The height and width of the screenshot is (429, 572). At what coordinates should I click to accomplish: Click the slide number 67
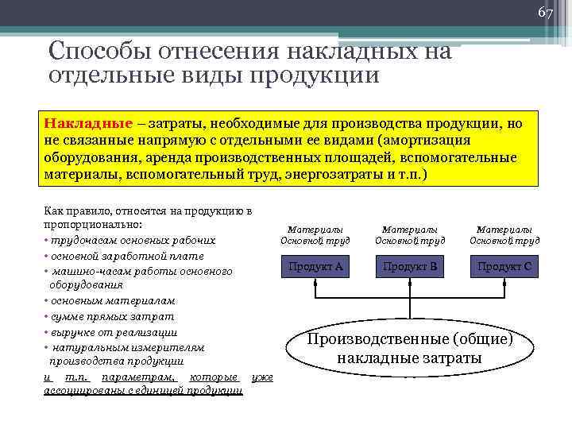point(545,12)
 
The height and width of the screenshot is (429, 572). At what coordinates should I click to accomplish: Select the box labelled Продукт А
point(315,266)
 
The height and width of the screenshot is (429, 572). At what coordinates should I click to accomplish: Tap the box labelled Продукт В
point(410,266)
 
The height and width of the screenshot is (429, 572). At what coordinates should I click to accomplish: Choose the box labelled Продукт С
point(504,266)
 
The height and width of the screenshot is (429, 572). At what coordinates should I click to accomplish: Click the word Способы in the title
point(94,52)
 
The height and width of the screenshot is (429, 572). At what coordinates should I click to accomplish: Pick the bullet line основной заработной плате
point(127,256)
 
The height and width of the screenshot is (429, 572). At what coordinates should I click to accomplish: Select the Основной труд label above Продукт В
point(410,240)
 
